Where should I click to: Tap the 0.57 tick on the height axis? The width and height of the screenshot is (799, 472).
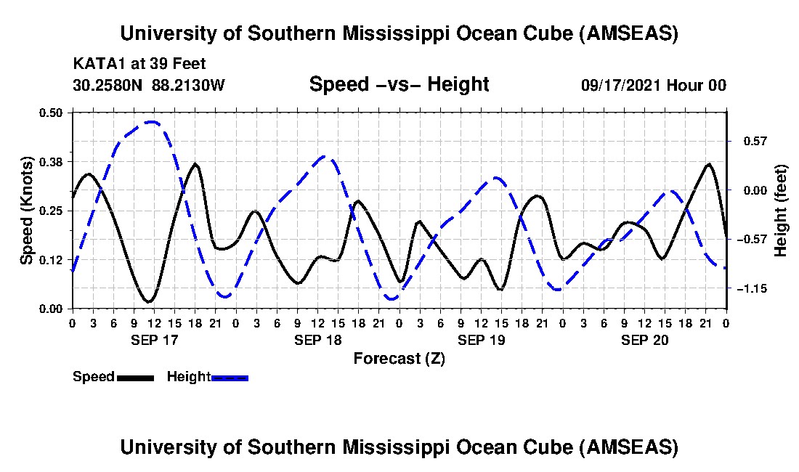pos(747,140)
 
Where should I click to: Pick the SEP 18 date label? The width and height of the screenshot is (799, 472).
pos(317,340)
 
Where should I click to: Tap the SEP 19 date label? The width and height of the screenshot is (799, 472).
pos(481,340)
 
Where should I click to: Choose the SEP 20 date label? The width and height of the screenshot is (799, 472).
pos(644,340)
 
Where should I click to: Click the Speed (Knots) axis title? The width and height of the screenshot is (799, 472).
pos(26,210)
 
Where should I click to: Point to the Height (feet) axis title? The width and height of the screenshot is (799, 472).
pos(781,211)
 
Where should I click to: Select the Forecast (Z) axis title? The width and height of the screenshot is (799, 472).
pos(399,358)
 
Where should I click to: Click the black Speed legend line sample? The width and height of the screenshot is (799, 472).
pos(135,378)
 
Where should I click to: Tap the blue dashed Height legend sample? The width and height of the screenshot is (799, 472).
pos(230,378)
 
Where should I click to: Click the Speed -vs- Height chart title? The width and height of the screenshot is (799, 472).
pos(399,84)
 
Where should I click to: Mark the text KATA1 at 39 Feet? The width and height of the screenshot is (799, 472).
pos(139,63)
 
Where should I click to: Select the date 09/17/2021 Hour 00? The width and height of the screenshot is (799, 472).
pos(654,85)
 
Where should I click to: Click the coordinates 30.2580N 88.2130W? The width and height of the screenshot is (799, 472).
pos(149,85)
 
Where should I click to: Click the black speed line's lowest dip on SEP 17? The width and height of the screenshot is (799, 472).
pos(149,301)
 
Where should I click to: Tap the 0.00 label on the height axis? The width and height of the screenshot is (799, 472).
pos(747,190)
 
